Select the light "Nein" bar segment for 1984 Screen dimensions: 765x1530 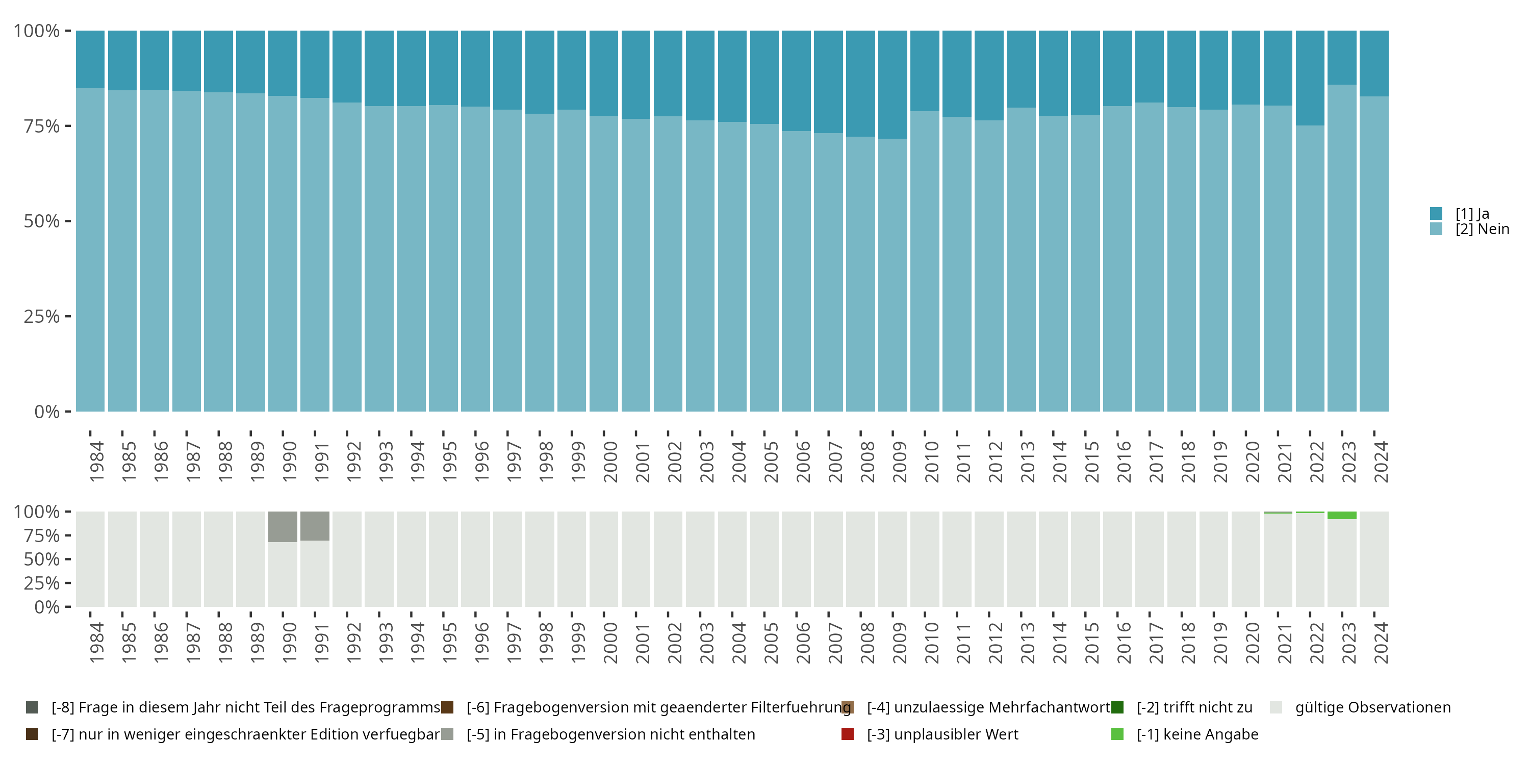point(90,249)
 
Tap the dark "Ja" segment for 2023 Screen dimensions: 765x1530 point(1342,57)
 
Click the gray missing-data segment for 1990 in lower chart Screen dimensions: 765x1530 point(283,526)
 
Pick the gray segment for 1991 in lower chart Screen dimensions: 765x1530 point(315,526)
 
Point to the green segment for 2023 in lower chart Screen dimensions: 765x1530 point(1342,516)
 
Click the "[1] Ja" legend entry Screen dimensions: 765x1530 point(1472,214)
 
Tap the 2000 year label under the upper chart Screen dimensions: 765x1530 point(610,462)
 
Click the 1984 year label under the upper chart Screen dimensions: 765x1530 point(97,462)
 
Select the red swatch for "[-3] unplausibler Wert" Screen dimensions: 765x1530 point(848,734)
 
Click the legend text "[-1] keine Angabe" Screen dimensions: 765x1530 point(1197,734)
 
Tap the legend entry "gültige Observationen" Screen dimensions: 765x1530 point(1372,707)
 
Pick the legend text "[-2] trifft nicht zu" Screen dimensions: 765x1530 point(1194,707)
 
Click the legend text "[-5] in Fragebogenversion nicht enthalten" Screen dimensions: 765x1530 point(610,734)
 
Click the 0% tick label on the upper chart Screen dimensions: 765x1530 point(47,412)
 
